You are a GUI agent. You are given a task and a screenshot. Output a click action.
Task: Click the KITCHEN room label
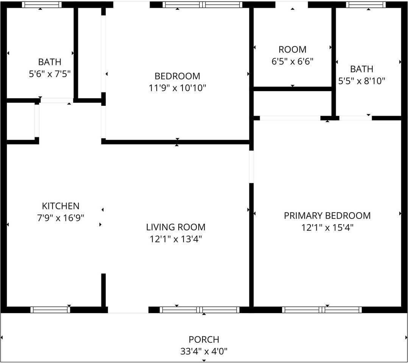(61, 206)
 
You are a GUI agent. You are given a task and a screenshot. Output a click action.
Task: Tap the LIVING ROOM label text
(176, 227)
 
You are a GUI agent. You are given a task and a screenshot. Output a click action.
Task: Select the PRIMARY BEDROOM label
(327, 216)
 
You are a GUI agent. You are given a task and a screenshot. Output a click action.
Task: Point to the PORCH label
(204, 339)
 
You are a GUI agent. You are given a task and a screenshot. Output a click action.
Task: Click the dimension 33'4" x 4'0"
(204, 352)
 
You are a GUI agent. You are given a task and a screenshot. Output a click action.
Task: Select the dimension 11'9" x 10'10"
(177, 88)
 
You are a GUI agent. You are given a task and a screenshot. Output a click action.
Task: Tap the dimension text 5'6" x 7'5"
(50, 74)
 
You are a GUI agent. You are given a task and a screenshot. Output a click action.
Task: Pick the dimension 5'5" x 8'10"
(361, 81)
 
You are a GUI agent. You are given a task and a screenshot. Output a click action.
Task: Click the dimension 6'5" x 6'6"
(292, 61)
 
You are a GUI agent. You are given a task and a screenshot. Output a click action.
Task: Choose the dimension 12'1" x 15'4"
(327, 228)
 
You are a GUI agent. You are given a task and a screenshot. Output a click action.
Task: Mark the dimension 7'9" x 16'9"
(61, 218)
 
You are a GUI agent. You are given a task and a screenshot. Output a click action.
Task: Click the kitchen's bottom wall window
(50, 310)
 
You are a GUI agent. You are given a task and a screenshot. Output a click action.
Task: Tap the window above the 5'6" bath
(42, 5)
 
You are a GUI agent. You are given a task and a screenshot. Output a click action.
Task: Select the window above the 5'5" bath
(366, 5)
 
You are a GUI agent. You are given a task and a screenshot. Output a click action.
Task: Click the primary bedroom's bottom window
(322, 310)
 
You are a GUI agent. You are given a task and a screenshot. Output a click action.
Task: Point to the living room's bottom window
(199, 310)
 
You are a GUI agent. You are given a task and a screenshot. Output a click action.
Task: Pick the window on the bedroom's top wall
(202, 5)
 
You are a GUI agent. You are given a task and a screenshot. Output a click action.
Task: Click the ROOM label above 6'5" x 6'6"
(292, 50)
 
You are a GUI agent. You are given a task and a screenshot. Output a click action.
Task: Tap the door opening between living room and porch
(128, 310)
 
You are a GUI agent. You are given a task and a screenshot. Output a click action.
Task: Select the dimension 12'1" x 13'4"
(176, 239)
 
